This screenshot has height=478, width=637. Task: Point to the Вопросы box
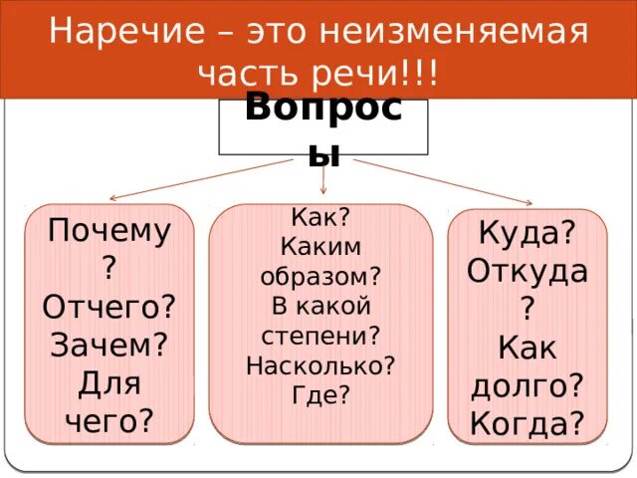coord(322,125)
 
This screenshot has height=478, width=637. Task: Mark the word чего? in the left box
coord(109,419)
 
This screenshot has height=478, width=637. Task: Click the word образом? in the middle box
coord(320,276)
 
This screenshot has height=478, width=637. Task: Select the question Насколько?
coord(320,363)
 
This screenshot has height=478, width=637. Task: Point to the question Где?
coord(320,393)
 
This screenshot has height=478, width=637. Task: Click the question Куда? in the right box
coord(527,233)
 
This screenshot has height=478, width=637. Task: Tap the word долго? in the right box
coord(527,385)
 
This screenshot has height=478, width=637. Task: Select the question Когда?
coord(527,423)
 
